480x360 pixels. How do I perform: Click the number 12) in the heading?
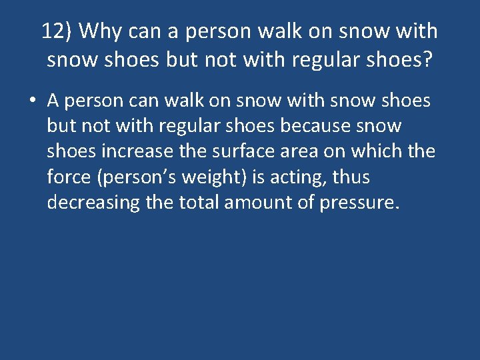(x=57, y=31)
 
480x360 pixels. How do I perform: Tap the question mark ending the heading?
(x=427, y=60)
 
